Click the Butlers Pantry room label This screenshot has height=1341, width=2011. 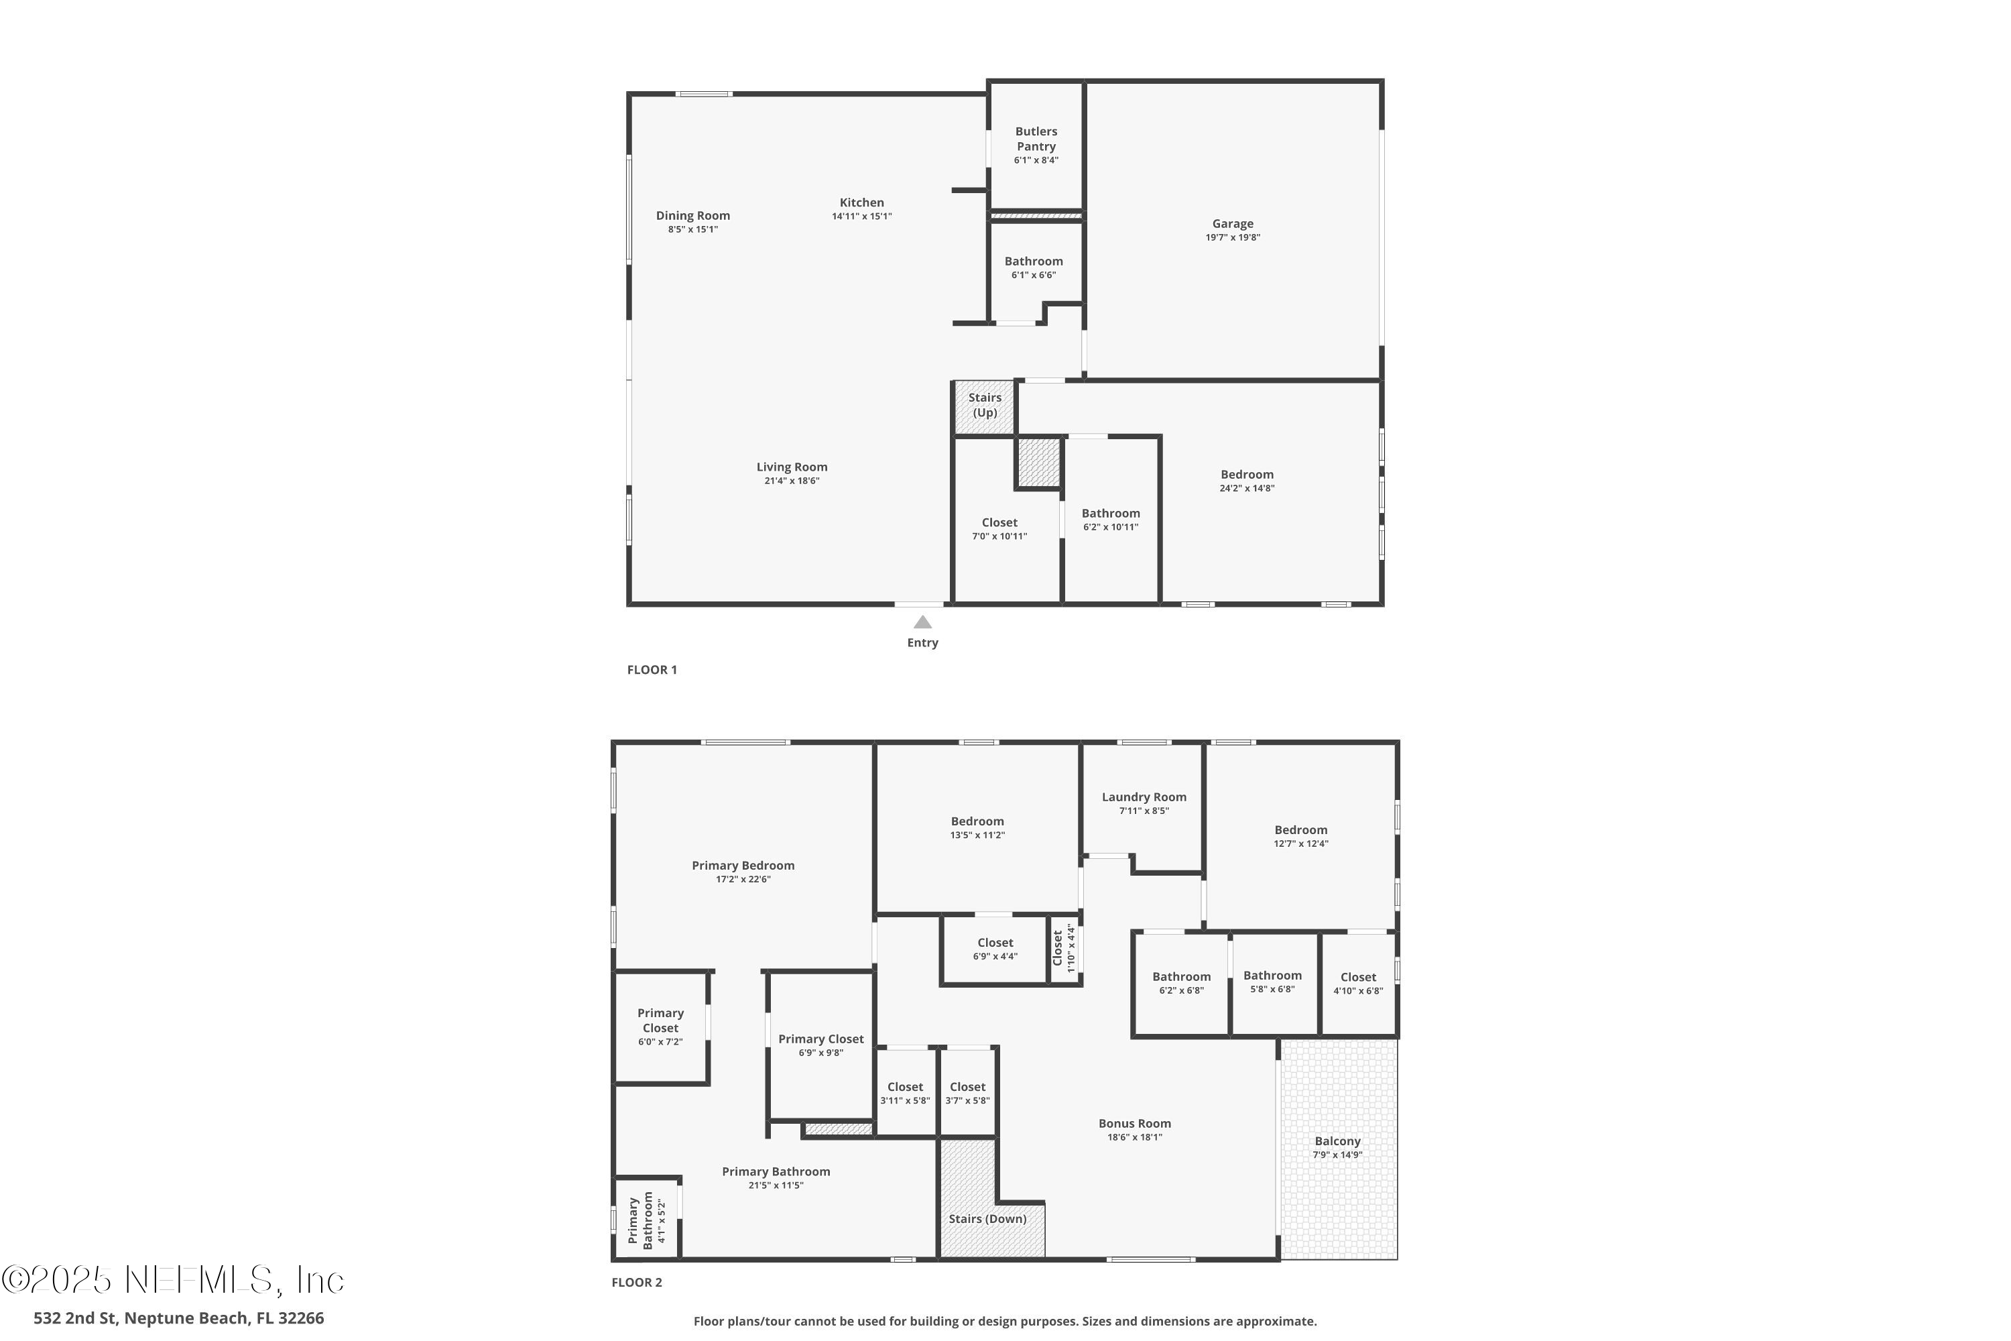[x=1036, y=139]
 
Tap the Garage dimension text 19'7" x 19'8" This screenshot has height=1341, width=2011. [x=1232, y=238]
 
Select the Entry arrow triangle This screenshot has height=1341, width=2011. [x=922, y=623]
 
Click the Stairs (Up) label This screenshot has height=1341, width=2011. [x=984, y=404]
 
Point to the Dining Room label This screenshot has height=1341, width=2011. [x=692, y=215]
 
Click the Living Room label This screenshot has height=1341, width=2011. [x=791, y=467]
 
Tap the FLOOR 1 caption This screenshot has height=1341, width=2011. [x=652, y=670]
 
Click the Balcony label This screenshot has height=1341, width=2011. [x=1337, y=1141]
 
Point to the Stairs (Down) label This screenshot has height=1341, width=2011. [x=987, y=1219]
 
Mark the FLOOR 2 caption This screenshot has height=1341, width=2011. [x=636, y=1282]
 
